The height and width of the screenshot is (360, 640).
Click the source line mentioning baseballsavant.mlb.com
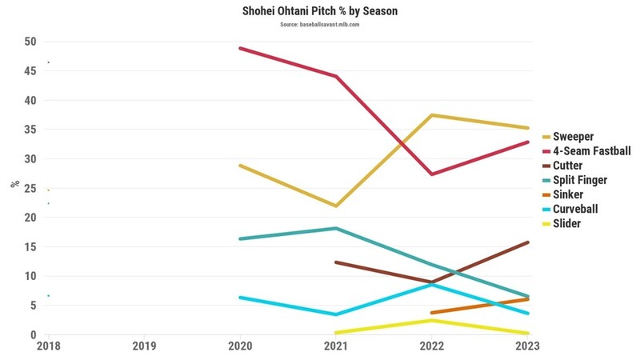tap(320, 26)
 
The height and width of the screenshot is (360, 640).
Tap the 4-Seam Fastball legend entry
tap(593, 151)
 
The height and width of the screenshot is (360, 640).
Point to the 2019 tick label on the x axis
tap(144, 347)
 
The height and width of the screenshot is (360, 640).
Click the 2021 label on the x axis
tap(336, 347)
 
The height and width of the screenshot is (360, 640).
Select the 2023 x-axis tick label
tap(528, 347)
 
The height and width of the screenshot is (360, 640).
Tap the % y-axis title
tap(14, 184)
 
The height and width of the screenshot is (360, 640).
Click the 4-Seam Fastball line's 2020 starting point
tap(240, 48)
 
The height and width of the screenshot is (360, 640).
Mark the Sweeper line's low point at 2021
tap(337, 206)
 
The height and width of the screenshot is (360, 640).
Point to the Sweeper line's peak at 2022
tap(432, 115)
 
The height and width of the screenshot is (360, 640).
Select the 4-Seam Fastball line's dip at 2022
tap(432, 174)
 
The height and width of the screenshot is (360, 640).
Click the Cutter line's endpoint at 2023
tap(528, 242)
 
